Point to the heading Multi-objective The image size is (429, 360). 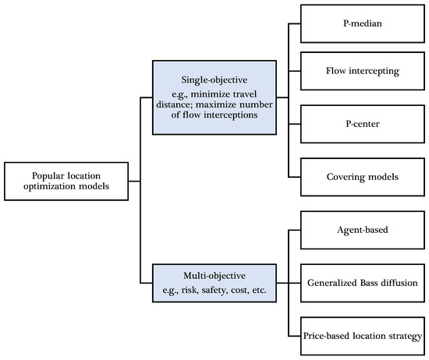215,276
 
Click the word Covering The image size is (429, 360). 346,177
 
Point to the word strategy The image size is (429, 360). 403,335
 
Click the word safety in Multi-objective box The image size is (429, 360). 218,289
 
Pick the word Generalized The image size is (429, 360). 335,282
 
